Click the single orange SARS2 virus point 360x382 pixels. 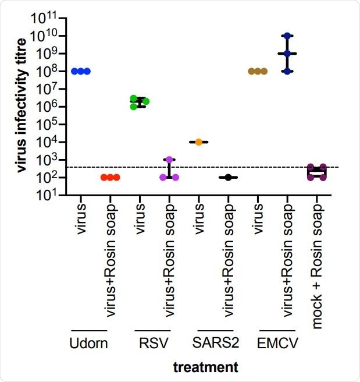click(199, 142)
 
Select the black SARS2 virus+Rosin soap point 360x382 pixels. click(229, 177)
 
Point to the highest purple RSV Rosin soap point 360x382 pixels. click(169, 160)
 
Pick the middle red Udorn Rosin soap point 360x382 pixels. click(110, 177)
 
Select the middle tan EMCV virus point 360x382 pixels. click(258, 71)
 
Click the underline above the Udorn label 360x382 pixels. click(90, 331)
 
